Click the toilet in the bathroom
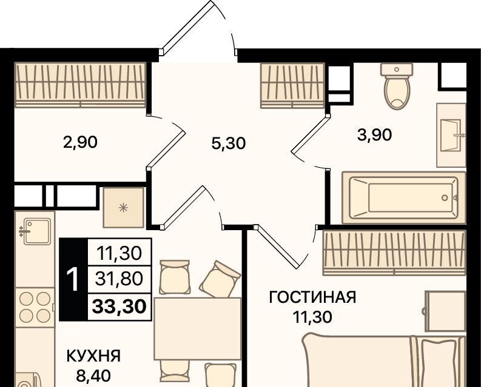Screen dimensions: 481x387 397,86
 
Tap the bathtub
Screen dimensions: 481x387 404,197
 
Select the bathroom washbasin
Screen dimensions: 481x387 451,135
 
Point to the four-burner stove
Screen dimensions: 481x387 35,306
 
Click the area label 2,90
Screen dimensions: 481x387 80,142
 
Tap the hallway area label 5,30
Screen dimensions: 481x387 229,143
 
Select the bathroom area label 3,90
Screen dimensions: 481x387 375,135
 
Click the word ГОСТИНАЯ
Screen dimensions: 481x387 312,297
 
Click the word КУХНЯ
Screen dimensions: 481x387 93,356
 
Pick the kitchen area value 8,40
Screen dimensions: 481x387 93,375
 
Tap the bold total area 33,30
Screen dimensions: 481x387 119,306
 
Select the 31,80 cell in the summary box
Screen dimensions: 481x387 119,279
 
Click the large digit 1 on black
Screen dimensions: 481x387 74,279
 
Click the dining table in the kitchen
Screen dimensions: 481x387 198,328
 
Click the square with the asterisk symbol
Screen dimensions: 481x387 123,208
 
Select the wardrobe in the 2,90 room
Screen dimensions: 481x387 81,85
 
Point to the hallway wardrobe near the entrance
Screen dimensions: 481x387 292,85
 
